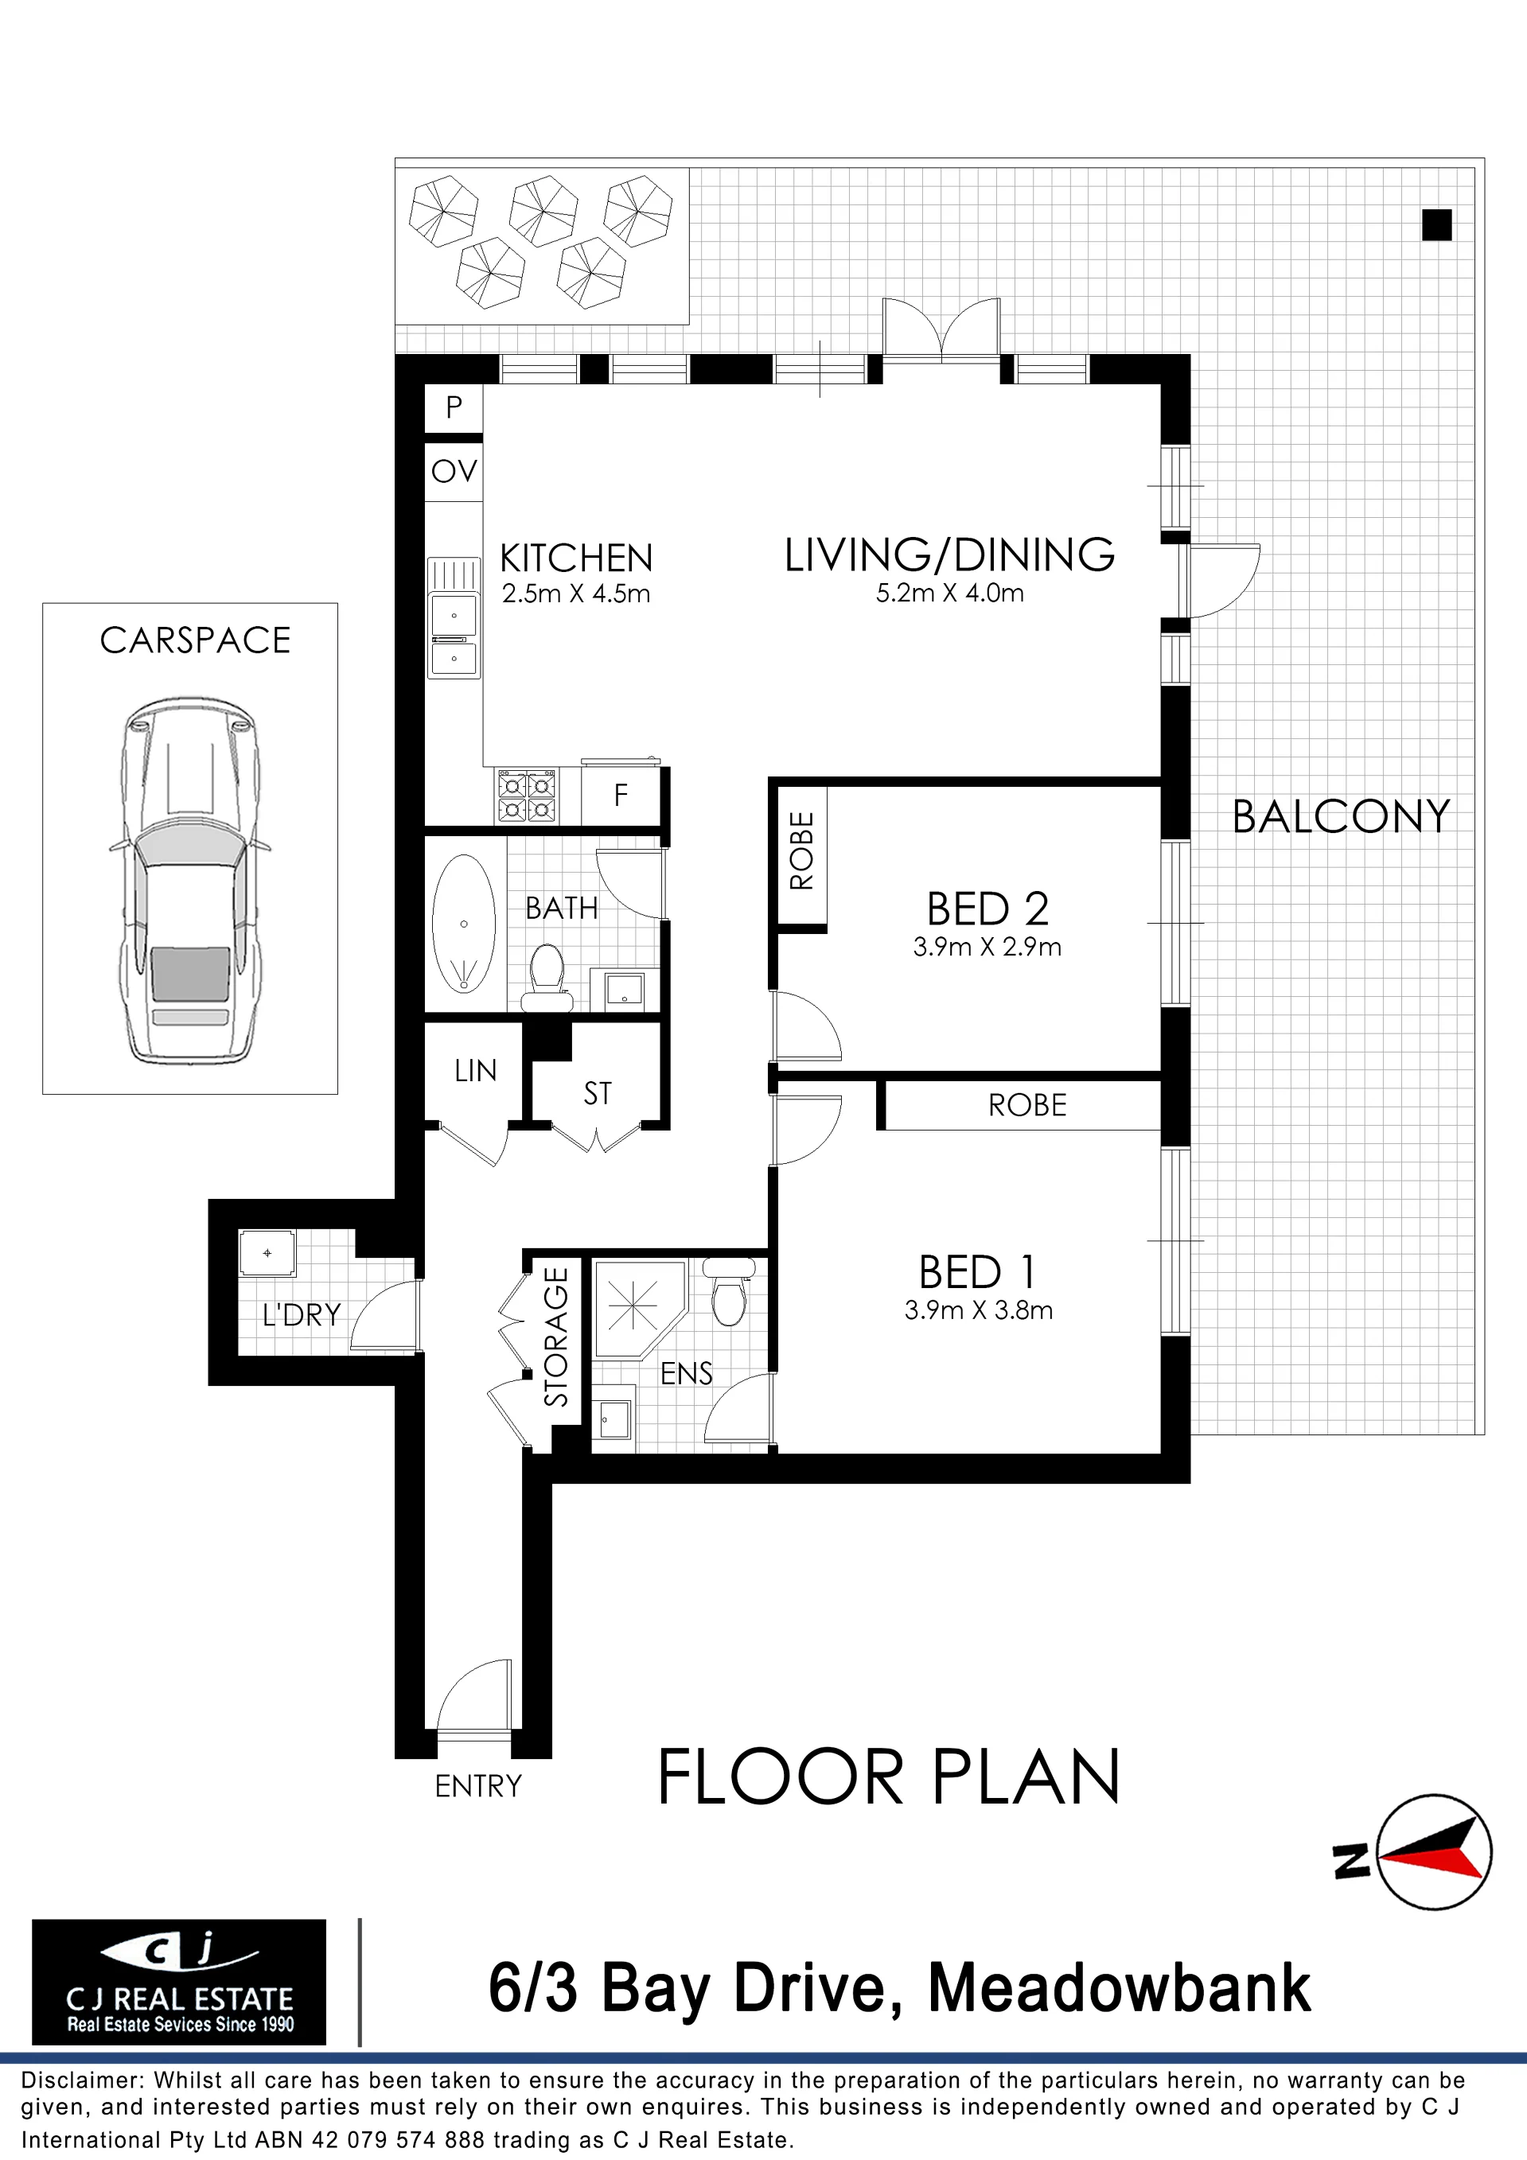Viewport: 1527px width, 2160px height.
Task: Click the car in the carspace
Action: pos(191,881)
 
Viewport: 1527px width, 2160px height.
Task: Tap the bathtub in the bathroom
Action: pos(464,923)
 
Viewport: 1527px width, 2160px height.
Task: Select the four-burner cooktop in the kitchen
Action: pos(527,796)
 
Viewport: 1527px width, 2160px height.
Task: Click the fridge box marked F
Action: pos(621,796)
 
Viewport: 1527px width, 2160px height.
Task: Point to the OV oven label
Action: pos(454,470)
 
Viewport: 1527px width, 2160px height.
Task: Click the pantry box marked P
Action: pos(454,408)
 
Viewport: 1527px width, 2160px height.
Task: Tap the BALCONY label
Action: pos(1341,816)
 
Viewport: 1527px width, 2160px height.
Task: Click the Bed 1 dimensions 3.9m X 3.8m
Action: pos(979,1310)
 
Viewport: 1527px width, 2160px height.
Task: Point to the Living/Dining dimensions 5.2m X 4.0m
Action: pos(949,593)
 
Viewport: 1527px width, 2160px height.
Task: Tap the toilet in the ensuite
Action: pos(729,1290)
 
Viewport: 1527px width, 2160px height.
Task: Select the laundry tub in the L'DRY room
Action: pos(267,1253)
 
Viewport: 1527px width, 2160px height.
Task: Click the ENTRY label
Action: pos(478,1785)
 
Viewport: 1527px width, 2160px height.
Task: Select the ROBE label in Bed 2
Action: pos(801,850)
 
